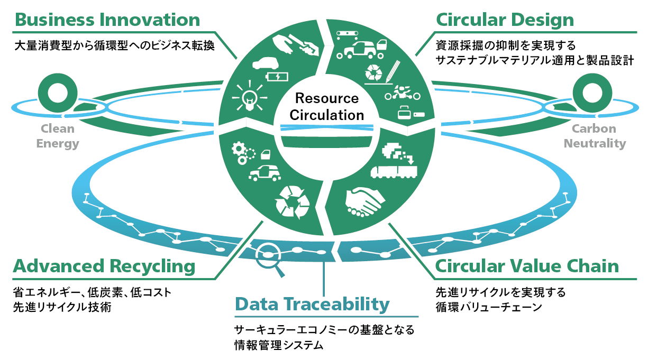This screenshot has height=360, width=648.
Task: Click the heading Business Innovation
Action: [107, 20]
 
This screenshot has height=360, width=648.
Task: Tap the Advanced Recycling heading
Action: [104, 266]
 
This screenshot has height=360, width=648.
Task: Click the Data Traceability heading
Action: [312, 304]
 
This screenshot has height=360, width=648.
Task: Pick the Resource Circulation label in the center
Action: [327, 106]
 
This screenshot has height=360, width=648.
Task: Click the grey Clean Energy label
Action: [58, 136]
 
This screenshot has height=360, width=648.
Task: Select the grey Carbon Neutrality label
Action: [594, 136]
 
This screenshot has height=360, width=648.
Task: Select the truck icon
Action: [394, 171]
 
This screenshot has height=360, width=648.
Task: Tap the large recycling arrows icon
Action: [292, 201]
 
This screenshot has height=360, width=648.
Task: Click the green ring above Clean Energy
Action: [55, 92]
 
